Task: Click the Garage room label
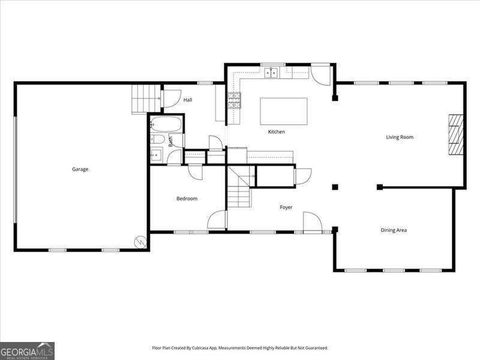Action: [x=80, y=169]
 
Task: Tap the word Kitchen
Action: [x=277, y=132]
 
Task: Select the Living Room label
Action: [x=400, y=137]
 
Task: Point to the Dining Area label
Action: [x=394, y=230]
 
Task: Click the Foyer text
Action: [x=286, y=208]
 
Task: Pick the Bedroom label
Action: [x=187, y=199]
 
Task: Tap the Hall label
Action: [x=188, y=100]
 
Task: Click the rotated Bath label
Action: [x=170, y=142]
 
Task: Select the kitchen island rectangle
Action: [x=283, y=111]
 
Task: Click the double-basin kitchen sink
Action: [x=272, y=73]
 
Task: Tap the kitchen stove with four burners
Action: [x=233, y=100]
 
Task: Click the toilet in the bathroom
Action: [x=157, y=140]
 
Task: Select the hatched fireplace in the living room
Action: [x=456, y=135]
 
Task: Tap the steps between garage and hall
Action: [x=146, y=98]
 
